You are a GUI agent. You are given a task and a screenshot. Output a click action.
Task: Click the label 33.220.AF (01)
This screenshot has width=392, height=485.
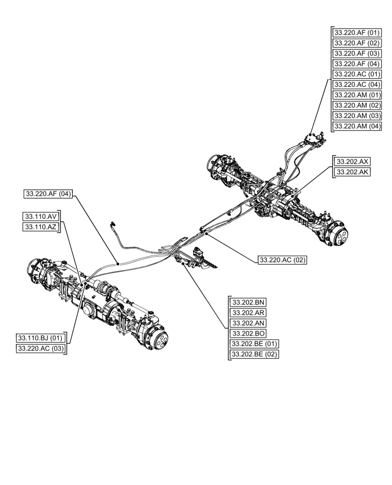357,33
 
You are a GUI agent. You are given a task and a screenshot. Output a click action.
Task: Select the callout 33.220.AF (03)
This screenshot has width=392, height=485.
357,53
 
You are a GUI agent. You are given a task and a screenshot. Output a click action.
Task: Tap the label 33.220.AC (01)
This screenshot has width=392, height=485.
357,74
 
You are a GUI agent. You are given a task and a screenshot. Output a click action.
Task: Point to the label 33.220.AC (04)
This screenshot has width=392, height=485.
357,84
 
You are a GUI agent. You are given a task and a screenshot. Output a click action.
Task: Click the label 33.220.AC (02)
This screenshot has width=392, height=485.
282,260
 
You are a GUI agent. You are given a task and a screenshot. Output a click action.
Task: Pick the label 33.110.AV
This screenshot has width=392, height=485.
41,216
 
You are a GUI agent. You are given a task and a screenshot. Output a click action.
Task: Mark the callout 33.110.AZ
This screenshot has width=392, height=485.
41,227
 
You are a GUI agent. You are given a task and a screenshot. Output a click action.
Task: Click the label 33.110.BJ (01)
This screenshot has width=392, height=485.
40,338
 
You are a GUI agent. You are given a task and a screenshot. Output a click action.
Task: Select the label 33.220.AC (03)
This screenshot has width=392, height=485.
41,348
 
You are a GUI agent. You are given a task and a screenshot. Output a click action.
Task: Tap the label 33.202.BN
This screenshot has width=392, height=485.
247,302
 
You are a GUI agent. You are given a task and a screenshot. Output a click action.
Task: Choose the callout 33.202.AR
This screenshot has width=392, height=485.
247,313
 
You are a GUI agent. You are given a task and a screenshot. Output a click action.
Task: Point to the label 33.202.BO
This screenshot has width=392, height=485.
247,333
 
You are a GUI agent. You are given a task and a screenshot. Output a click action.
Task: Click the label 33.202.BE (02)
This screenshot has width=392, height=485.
254,354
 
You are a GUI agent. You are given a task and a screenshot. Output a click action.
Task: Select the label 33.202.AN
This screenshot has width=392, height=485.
247,323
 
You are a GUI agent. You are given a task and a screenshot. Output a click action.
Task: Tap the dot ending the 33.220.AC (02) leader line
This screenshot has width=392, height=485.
206,234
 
